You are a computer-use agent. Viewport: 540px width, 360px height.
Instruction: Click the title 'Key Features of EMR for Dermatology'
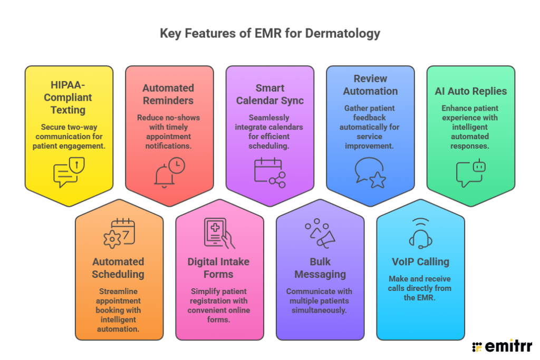(270, 34)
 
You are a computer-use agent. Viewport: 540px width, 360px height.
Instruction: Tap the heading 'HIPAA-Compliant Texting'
(69, 98)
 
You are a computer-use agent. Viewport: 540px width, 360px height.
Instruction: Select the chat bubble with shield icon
(69, 173)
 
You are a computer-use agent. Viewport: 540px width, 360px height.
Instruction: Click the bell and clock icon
(169, 172)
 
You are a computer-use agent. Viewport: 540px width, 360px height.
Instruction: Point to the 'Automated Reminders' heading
(168, 94)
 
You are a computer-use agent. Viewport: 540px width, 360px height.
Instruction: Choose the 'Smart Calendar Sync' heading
(270, 94)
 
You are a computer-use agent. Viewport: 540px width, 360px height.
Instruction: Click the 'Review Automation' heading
(370, 84)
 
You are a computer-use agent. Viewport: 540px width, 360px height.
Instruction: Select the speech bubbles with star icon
(370, 172)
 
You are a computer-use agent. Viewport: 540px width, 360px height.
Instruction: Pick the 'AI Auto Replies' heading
(470, 91)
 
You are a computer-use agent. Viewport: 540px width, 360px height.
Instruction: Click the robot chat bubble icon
(470, 172)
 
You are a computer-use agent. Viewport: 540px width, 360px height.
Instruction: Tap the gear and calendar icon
(119, 233)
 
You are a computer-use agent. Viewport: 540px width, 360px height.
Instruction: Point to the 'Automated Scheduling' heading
(118, 268)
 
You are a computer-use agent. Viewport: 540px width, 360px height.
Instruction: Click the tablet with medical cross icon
(219, 233)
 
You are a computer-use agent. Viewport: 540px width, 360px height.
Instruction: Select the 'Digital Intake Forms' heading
(218, 268)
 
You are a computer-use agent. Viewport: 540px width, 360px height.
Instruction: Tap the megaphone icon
(320, 233)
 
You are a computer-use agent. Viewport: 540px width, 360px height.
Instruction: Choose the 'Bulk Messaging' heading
(320, 268)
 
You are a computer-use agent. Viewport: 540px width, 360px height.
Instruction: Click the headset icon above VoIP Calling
(420, 233)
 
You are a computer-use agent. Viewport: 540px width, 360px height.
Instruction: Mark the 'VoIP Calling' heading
(420, 262)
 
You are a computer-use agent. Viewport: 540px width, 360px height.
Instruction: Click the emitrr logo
(502, 346)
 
